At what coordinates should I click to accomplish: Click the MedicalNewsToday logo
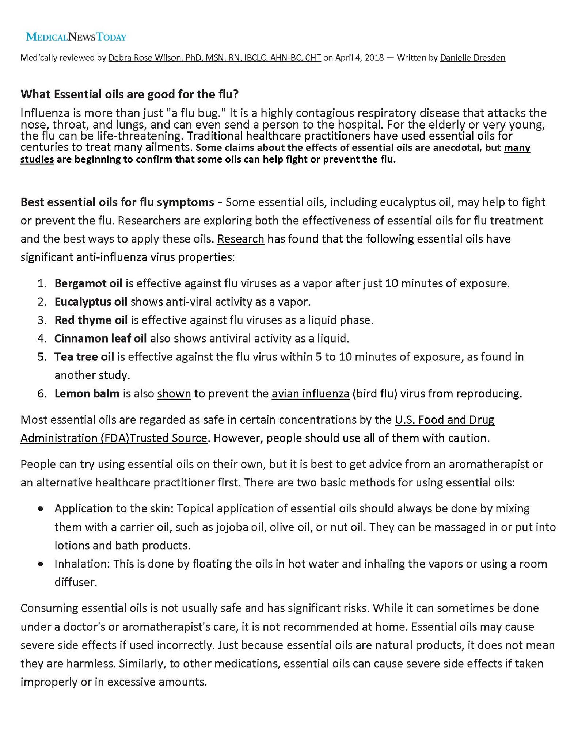tap(76, 37)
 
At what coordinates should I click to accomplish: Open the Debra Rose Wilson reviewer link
tap(214, 58)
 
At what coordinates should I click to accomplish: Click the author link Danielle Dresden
tap(472, 58)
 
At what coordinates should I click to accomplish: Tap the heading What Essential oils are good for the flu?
tap(129, 94)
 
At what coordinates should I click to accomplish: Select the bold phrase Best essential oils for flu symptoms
tap(117, 202)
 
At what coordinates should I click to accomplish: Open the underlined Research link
tap(240, 239)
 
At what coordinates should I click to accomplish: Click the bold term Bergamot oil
tap(88, 283)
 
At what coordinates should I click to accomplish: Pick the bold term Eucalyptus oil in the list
tap(91, 302)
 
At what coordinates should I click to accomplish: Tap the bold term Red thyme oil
tap(91, 320)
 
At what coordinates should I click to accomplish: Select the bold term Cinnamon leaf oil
tap(100, 339)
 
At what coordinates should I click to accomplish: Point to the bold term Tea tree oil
tap(84, 357)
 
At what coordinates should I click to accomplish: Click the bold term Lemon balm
tap(87, 394)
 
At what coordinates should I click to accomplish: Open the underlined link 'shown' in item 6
tap(174, 394)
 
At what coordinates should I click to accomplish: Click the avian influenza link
tap(310, 394)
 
